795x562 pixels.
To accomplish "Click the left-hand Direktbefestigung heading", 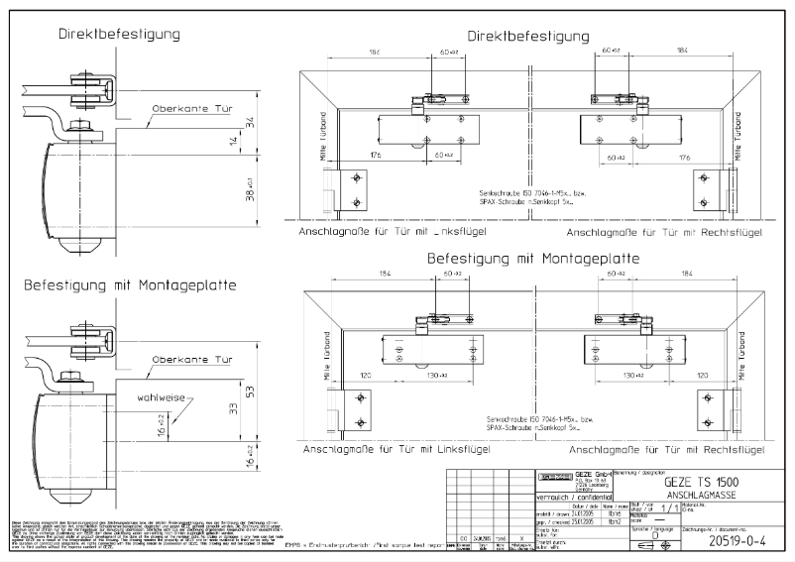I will pos(119,34).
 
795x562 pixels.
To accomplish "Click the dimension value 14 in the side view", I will pos(233,143).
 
